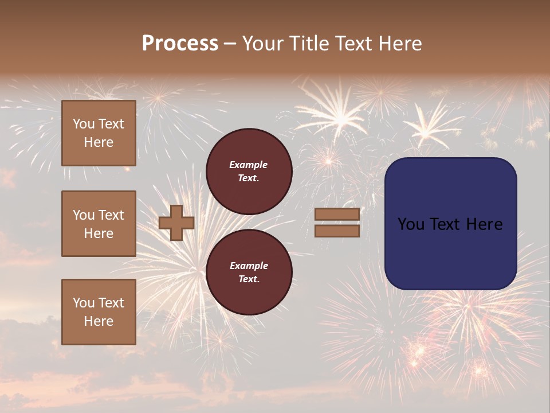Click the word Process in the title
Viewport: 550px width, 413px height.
pos(180,44)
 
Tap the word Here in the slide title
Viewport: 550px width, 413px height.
pos(399,44)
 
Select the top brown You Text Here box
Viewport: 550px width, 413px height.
pos(99,133)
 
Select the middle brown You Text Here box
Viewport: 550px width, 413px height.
pos(99,224)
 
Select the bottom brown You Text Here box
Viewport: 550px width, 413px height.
pos(99,311)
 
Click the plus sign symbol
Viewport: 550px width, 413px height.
pos(176,223)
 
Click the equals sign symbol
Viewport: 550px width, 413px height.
pos(337,223)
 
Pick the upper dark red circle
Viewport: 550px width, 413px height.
pos(249,171)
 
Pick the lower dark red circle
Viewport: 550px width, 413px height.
pos(249,272)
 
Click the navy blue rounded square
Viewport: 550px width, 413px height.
pos(450,224)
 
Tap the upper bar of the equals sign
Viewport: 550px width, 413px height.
pos(337,215)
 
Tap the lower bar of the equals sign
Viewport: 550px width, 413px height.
pos(337,231)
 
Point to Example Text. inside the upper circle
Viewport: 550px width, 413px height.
pos(249,171)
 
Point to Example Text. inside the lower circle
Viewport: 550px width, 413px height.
pos(249,272)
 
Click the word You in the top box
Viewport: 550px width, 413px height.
pos(83,124)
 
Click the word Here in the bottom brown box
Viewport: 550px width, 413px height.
pos(99,321)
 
